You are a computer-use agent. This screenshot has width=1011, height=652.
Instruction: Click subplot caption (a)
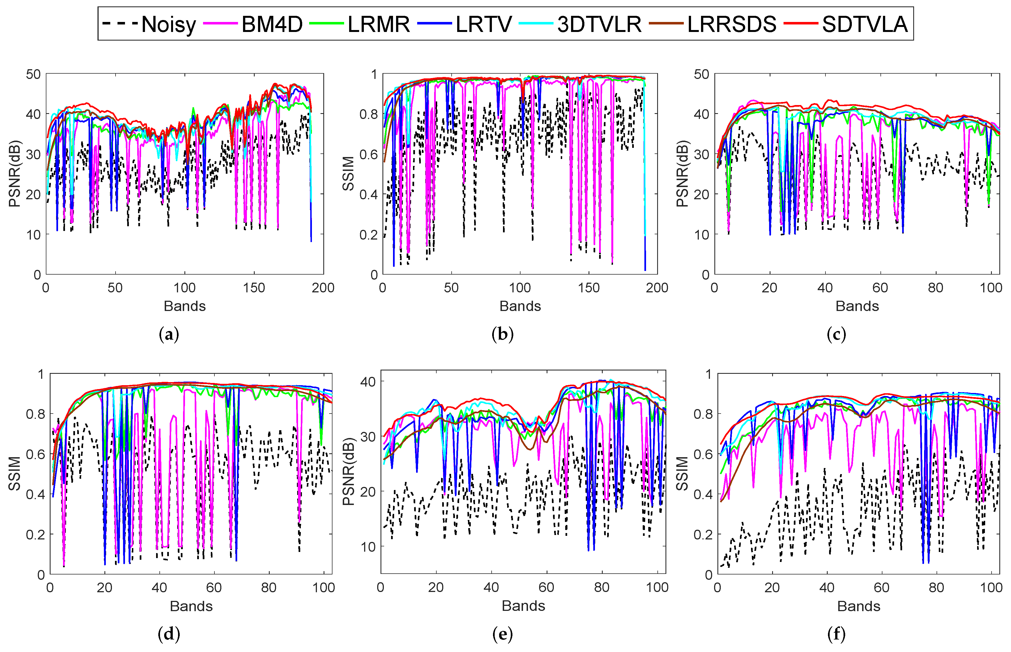169,334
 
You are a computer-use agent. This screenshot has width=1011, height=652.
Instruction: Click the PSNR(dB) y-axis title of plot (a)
14,174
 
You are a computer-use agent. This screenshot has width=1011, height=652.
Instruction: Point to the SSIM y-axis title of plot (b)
348,174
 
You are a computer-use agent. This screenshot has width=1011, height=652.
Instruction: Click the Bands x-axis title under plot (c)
857,306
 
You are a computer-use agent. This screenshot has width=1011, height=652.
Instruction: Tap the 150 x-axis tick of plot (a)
254,288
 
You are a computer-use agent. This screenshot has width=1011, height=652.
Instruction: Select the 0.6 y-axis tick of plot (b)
368,154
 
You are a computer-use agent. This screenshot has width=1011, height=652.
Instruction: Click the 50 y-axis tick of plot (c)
701,74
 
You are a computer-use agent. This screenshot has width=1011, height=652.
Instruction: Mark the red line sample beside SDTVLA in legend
800,24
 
